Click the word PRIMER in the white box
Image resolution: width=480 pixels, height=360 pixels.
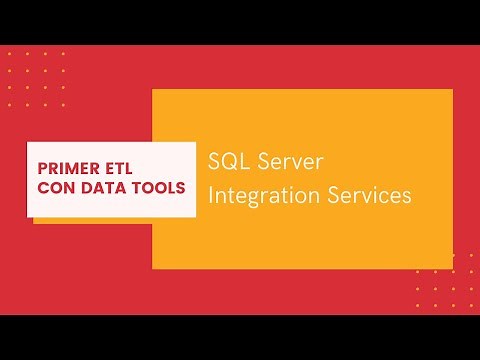tap(70, 165)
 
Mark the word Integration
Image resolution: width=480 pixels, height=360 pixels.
tap(263, 197)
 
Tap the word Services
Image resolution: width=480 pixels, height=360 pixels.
tap(370, 196)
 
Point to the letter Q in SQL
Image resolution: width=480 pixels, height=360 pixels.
tap(227, 162)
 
